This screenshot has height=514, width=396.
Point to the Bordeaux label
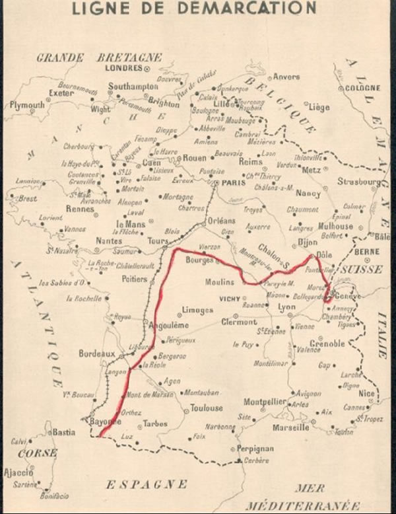[x=97, y=354]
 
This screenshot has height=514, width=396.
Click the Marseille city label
[x=290, y=427]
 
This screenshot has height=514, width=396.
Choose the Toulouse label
[x=207, y=408]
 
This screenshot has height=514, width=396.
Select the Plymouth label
[x=27, y=105]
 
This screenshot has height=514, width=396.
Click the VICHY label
[x=230, y=299]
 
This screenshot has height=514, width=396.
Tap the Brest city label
[x=27, y=198]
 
